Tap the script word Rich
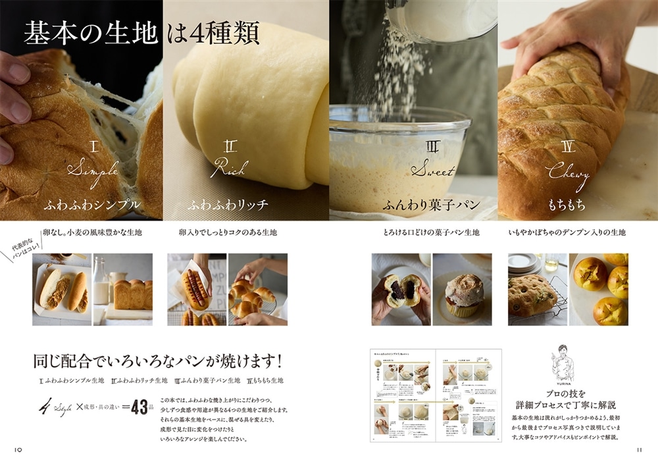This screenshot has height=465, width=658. [x=228, y=169]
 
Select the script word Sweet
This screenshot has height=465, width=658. [x=432, y=170]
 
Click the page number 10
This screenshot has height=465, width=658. [x=19, y=450]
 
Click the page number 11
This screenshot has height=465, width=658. [x=638, y=450]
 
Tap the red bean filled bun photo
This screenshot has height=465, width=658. [x=400, y=289]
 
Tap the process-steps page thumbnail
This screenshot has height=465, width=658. [x=436, y=395]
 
